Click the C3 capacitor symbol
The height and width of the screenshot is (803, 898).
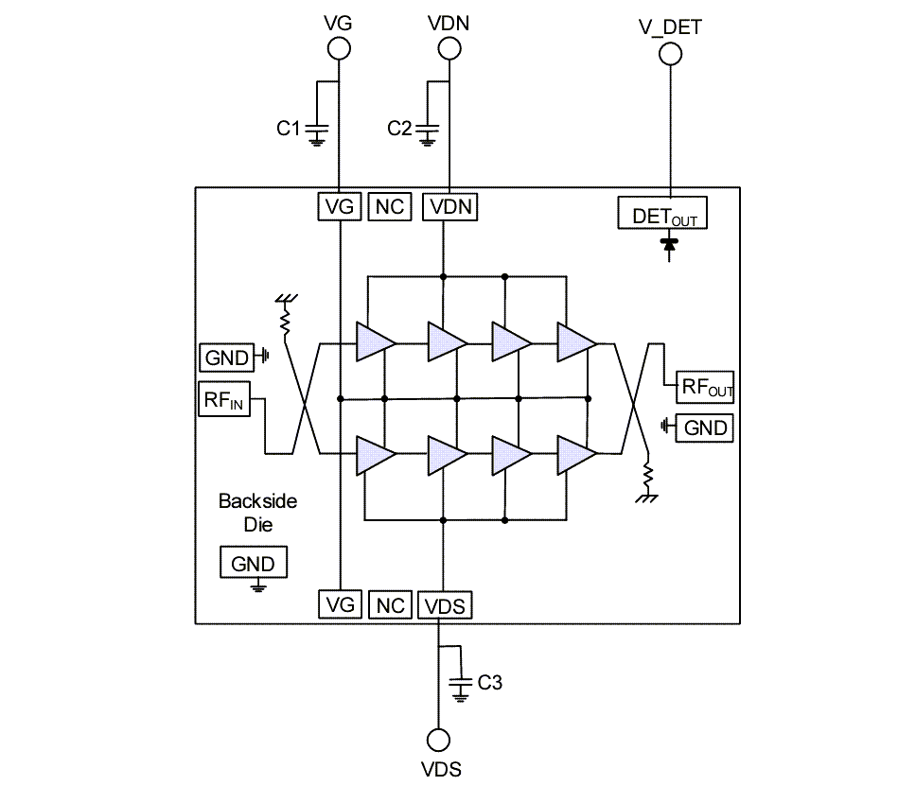(x=461, y=683)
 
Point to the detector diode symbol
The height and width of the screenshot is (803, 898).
(x=670, y=244)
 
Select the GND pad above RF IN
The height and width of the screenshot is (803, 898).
(x=226, y=358)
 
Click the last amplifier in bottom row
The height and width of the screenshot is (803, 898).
(x=575, y=455)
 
